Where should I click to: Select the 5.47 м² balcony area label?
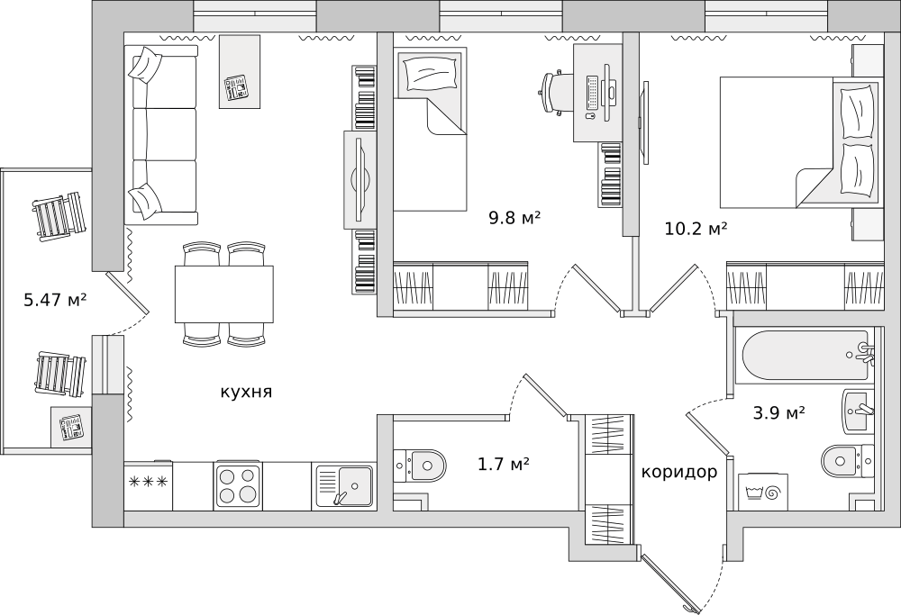point(55,300)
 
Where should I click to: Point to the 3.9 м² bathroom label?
point(778,413)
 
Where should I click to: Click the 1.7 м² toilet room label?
point(503,465)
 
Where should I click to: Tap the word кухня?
point(245,392)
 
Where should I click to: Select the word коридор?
point(679,472)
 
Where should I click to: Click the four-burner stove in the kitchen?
point(238,486)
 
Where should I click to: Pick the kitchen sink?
point(343,486)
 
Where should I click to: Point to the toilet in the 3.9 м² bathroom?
point(847,462)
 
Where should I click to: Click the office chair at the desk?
point(555,92)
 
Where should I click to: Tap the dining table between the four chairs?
point(224,294)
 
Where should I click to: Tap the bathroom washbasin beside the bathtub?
point(859,411)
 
